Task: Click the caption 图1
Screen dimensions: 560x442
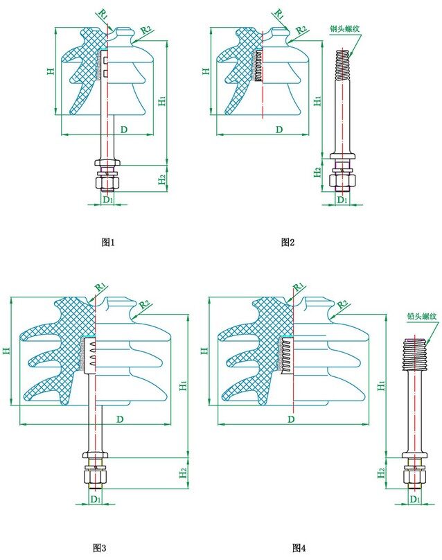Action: coord(107,243)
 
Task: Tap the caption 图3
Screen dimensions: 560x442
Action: coord(99,548)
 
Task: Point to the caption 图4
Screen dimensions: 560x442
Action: coord(299,548)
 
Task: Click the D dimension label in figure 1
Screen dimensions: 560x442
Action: coord(123,130)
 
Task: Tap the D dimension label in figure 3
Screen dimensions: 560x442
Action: coord(121,419)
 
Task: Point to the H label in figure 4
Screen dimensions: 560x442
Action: coord(204,351)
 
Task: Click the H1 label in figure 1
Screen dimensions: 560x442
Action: coord(161,101)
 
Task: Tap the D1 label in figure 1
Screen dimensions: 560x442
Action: coord(107,200)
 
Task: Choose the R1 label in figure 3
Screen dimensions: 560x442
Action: coord(100,286)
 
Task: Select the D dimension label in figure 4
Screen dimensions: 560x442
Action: coord(291,420)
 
